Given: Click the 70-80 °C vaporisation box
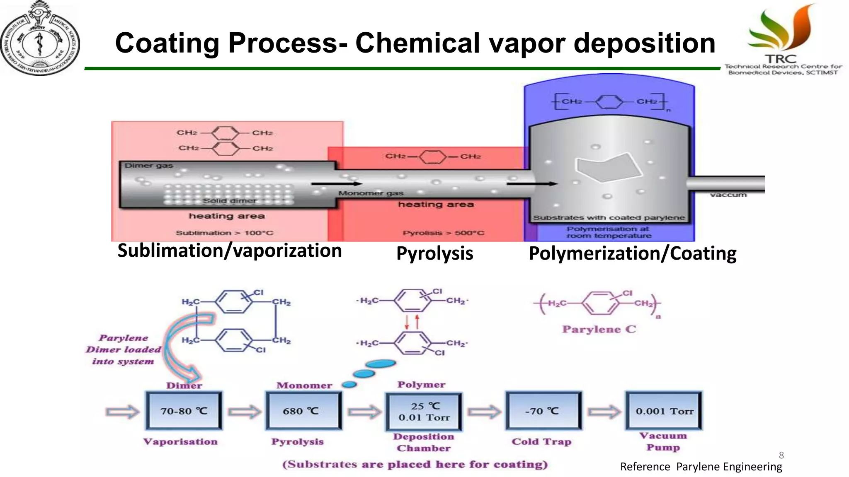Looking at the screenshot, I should point(184,411).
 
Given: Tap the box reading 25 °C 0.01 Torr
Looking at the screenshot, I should point(424,412).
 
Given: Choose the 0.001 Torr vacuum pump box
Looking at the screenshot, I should point(664,411).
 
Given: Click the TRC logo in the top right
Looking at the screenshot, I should point(783,39).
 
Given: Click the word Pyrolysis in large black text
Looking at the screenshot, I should point(434,253).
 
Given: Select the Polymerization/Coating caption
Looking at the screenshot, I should point(632,253).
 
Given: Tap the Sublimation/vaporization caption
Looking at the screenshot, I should point(229,251).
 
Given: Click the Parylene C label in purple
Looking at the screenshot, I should point(599,330).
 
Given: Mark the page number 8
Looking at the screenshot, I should point(781,455).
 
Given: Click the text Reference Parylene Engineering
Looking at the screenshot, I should point(701,467).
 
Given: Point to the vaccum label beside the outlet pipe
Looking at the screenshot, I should point(728,195).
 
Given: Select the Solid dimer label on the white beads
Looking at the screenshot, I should point(229,201).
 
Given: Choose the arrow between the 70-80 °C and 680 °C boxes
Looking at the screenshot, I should point(245,412).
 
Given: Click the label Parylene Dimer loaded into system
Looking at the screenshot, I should point(123,349).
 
